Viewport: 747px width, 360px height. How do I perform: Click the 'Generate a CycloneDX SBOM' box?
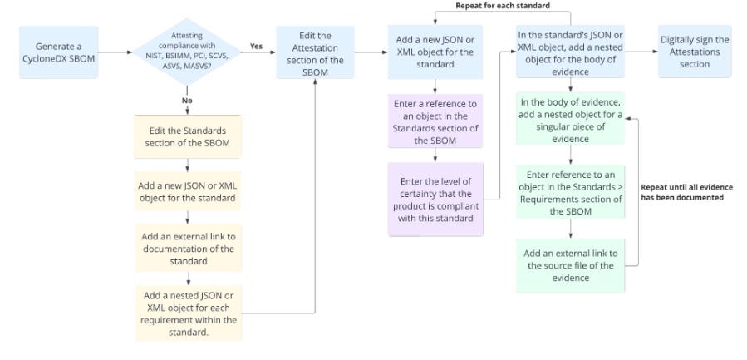(x=59, y=52)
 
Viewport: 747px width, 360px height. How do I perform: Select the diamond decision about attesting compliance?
(x=187, y=52)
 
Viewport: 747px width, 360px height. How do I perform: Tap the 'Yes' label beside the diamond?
(x=256, y=47)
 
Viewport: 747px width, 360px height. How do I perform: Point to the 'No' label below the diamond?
(x=187, y=101)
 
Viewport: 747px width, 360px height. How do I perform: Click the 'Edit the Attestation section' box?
(x=315, y=52)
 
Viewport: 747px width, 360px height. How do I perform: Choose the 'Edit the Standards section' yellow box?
(x=188, y=136)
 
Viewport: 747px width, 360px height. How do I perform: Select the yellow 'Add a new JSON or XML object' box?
(x=188, y=191)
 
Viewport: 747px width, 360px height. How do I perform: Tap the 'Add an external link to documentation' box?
(x=188, y=249)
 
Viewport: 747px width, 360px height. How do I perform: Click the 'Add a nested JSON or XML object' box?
(x=188, y=313)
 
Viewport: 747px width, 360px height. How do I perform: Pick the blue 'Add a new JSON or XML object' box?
(x=435, y=52)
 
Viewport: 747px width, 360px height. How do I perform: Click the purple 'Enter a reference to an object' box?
(x=435, y=121)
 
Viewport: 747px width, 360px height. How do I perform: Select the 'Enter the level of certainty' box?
(x=435, y=200)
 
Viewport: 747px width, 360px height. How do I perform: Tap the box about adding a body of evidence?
(x=570, y=52)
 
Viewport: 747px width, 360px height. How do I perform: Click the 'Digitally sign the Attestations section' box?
(x=695, y=52)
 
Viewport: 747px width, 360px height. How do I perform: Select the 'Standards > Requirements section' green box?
(x=570, y=192)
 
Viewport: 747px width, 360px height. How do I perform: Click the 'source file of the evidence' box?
(x=570, y=265)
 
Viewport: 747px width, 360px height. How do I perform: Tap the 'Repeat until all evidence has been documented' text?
(x=686, y=192)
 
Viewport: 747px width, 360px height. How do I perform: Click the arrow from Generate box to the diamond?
(x=115, y=52)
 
